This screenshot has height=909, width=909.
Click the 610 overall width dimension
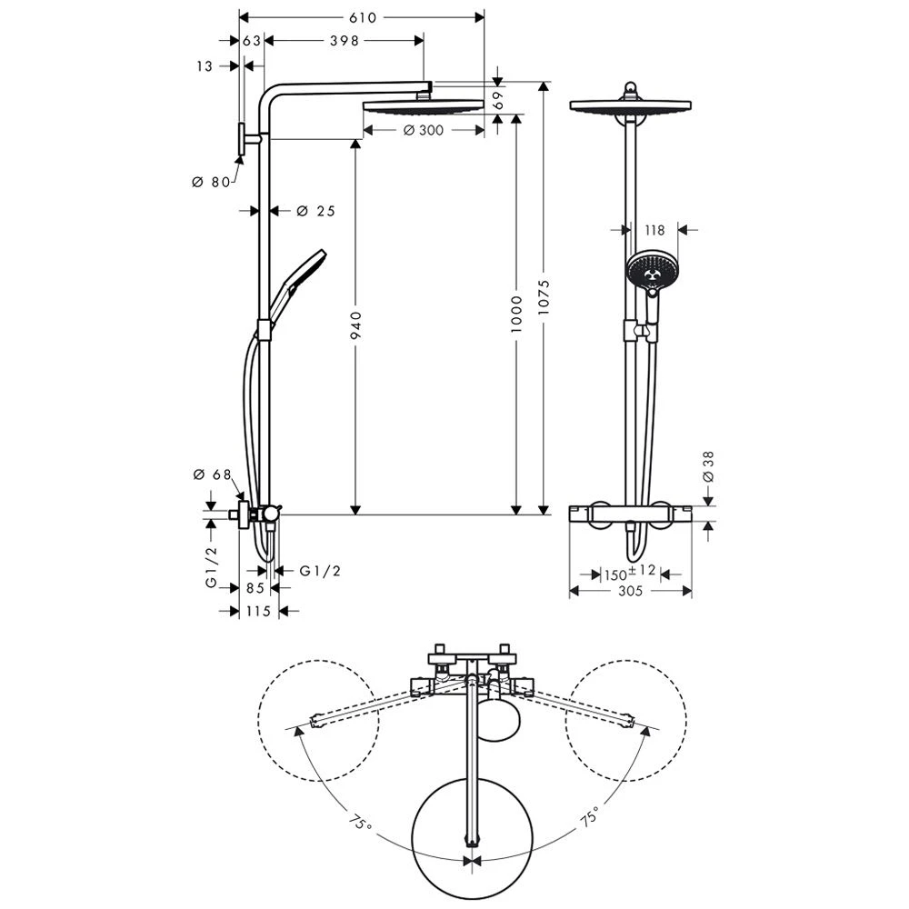(361, 16)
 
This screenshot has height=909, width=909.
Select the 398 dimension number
(345, 40)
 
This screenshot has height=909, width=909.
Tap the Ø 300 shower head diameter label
(423, 131)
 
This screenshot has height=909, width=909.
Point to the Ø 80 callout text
(211, 182)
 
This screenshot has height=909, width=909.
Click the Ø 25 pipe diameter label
(315, 211)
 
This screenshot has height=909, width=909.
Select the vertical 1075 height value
(543, 295)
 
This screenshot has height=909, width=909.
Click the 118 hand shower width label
(654, 230)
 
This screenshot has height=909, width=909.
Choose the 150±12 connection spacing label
(630, 573)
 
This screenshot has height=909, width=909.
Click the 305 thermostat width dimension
(630, 592)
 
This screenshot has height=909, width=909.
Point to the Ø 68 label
(212, 474)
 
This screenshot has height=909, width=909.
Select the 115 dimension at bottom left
(258, 612)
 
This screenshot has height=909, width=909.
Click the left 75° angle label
(360, 824)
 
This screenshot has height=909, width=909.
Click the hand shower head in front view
(651, 269)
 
